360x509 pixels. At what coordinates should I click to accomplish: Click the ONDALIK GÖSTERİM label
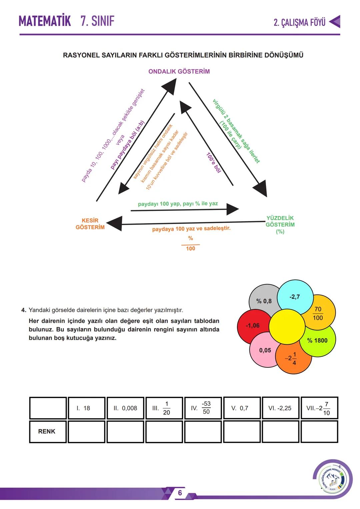point(179,71)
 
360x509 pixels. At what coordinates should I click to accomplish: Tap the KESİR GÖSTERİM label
point(90,224)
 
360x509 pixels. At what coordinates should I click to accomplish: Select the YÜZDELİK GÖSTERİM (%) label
point(280,224)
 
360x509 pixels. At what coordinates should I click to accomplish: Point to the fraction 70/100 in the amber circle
point(318,313)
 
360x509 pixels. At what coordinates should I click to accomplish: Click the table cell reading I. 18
point(86,408)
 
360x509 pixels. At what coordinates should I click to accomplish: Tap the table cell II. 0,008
point(125,408)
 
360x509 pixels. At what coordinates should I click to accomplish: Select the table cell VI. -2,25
point(280,408)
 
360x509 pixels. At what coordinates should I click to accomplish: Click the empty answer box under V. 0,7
point(241,432)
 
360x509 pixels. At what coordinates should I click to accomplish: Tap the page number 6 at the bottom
point(180,493)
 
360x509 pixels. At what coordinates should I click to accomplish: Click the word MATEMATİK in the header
point(45,21)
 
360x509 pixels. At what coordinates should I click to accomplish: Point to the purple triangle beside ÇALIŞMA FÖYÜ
point(335,21)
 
